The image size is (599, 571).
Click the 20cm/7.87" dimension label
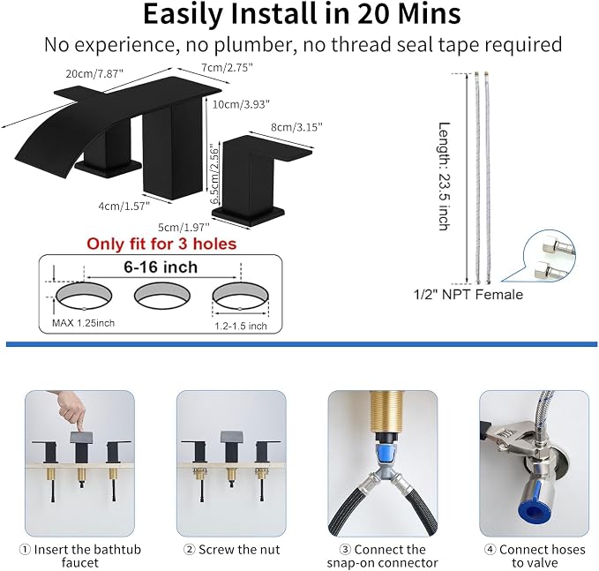coord(94,73)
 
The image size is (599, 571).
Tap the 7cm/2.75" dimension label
coord(228,67)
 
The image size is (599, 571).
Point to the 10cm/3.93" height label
coord(241,104)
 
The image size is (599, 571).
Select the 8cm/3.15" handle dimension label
coord(296,127)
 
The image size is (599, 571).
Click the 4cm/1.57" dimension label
coord(124,207)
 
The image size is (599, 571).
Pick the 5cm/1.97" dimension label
coord(183,227)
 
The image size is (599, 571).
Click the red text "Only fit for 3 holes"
coord(161,244)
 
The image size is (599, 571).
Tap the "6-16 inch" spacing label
coord(161,267)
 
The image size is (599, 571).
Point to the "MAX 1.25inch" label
coord(83,323)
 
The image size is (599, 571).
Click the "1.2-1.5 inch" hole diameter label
coord(241,326)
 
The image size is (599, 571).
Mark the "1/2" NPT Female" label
coord(468,294)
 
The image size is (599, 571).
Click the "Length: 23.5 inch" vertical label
coord(444,177)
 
